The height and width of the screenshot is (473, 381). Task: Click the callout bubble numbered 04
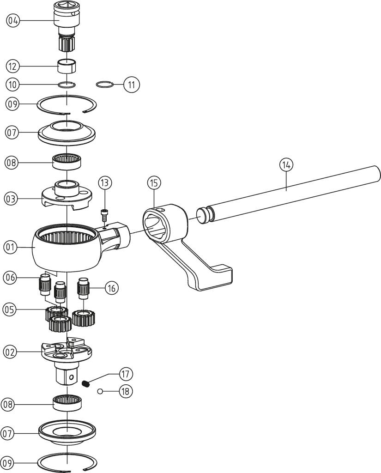(13, 20)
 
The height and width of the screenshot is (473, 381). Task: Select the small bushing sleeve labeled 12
(67, 66)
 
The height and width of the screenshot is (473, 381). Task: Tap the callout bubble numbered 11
(132, 85)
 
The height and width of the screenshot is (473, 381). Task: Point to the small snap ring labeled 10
(67, 84)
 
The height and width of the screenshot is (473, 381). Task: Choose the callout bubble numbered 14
(286, 164)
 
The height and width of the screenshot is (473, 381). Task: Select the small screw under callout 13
(105, 215)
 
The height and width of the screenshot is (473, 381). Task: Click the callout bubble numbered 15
(154, 183)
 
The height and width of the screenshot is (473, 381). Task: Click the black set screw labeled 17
(85, 382)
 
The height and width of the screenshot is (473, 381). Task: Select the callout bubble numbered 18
(125, 391)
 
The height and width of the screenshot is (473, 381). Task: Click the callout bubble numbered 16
(111, 288)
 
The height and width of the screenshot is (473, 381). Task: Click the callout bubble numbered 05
(10, 309)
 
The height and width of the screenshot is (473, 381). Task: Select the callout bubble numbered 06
(11, 277)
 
